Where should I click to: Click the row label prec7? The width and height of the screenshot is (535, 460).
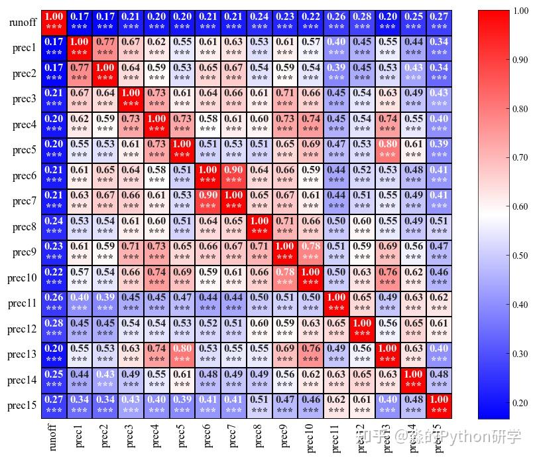point(24,201)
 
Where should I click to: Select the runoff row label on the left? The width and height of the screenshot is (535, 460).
point(23,23)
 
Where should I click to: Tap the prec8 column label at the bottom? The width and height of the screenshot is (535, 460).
point(259,435)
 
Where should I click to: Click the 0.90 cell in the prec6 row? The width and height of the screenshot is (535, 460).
point(234,175)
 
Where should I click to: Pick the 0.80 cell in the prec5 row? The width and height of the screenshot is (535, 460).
point(388,150)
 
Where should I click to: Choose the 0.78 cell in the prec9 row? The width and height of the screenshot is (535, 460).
point(311,252)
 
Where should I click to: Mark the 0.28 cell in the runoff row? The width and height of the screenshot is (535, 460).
point(362,23)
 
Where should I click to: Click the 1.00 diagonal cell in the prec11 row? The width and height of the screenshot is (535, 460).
point(337,303)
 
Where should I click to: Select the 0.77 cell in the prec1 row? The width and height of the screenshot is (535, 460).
point(105,48)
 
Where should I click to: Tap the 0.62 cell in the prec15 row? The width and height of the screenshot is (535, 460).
point(337,405)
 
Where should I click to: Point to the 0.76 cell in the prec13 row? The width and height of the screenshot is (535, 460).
point(311,354)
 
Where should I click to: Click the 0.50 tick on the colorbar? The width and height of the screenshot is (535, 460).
point(520,256)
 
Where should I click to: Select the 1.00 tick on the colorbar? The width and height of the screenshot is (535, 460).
point(520,11)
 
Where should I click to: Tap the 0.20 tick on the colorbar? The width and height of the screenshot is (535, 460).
point(520,403)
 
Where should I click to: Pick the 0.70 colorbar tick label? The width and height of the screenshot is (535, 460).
point(520,158)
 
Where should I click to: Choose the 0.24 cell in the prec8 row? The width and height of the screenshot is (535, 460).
point(54,226)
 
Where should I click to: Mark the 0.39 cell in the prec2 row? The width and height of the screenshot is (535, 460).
point(337,74)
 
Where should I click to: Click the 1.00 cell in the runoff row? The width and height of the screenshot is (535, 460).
point(54,23)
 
